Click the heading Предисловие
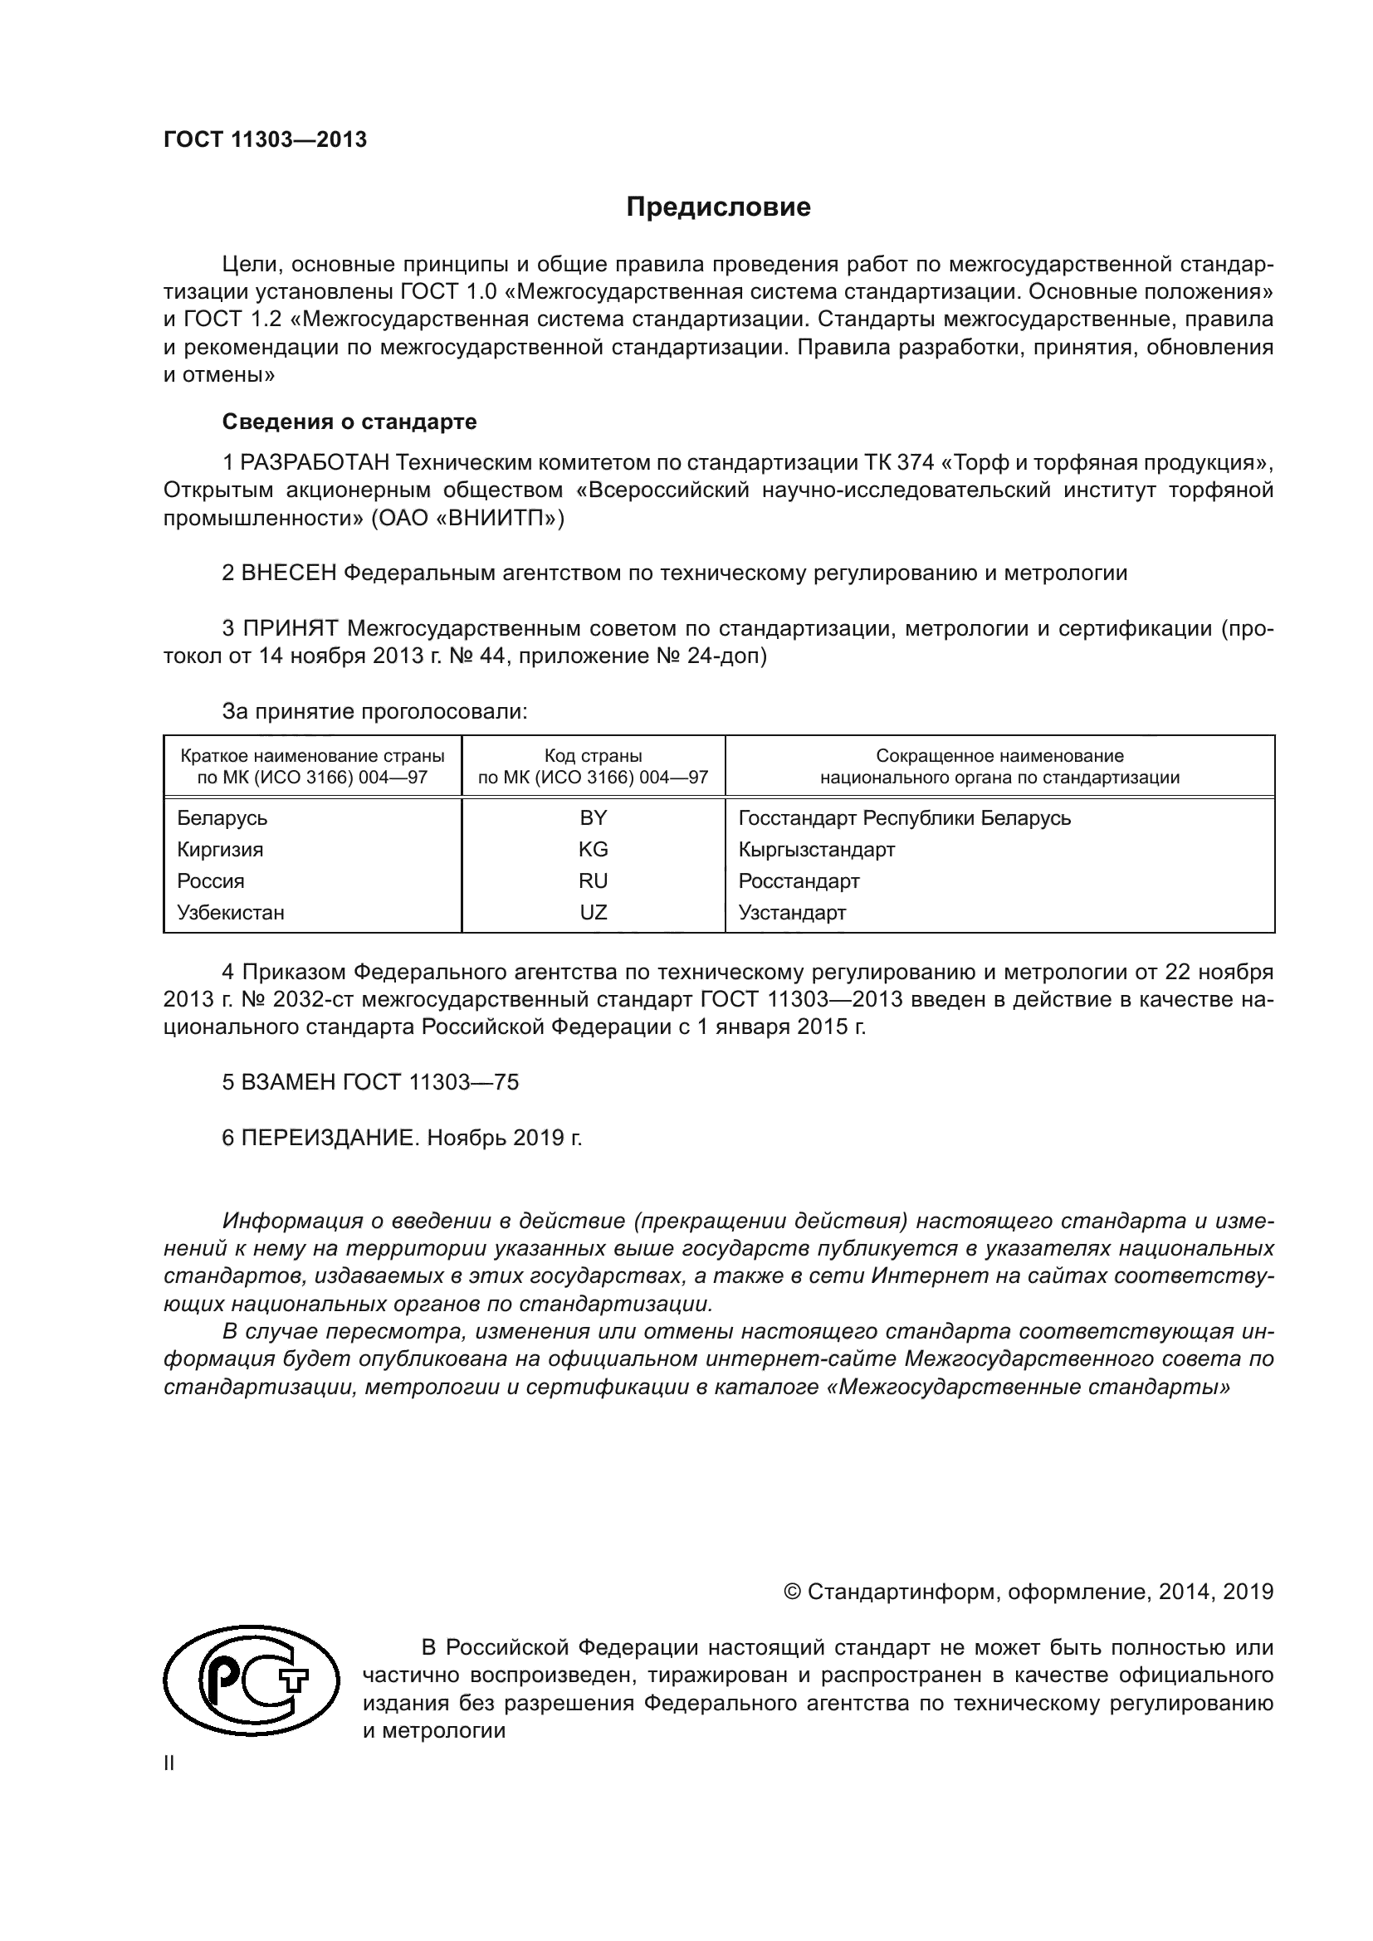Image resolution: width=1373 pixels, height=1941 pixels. pyautogui.click(x=718, y=207)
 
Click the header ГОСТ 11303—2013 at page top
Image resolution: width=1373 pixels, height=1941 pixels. pyautogui.click(x=265, y=140)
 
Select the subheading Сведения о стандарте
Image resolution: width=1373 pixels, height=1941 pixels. pyautogui.click(x=349, y=421)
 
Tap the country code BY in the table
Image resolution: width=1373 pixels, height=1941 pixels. pyautogui.click(x=593, y=817)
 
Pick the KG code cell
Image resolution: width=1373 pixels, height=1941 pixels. pyautogui.click(x=593, y=849)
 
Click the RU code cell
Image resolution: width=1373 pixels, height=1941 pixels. pyautogui.click(x=593, y=881)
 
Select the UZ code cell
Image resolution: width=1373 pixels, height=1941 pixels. pyautogui.click(x=593, y=912)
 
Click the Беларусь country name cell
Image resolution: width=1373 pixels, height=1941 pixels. pyautogui.click(x=222, y=817)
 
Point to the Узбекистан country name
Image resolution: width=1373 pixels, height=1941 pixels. pyautogui.click(x=230, y=912)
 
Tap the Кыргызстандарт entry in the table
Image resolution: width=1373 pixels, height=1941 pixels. pyautogui.click(x=816, y=849)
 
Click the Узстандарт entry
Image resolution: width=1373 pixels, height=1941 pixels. pyautogui.click(x=791, y=912)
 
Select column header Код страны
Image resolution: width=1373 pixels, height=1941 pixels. pyautogui.click(x=593, y=756)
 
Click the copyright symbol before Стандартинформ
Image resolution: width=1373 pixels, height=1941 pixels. pyautogui.click(x=792, y=1592)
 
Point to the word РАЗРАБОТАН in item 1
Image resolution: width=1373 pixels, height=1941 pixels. pyautogui.click(x=315, y=462)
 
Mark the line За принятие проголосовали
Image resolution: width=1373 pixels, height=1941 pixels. pyautogui.click(x=374, y=711)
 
